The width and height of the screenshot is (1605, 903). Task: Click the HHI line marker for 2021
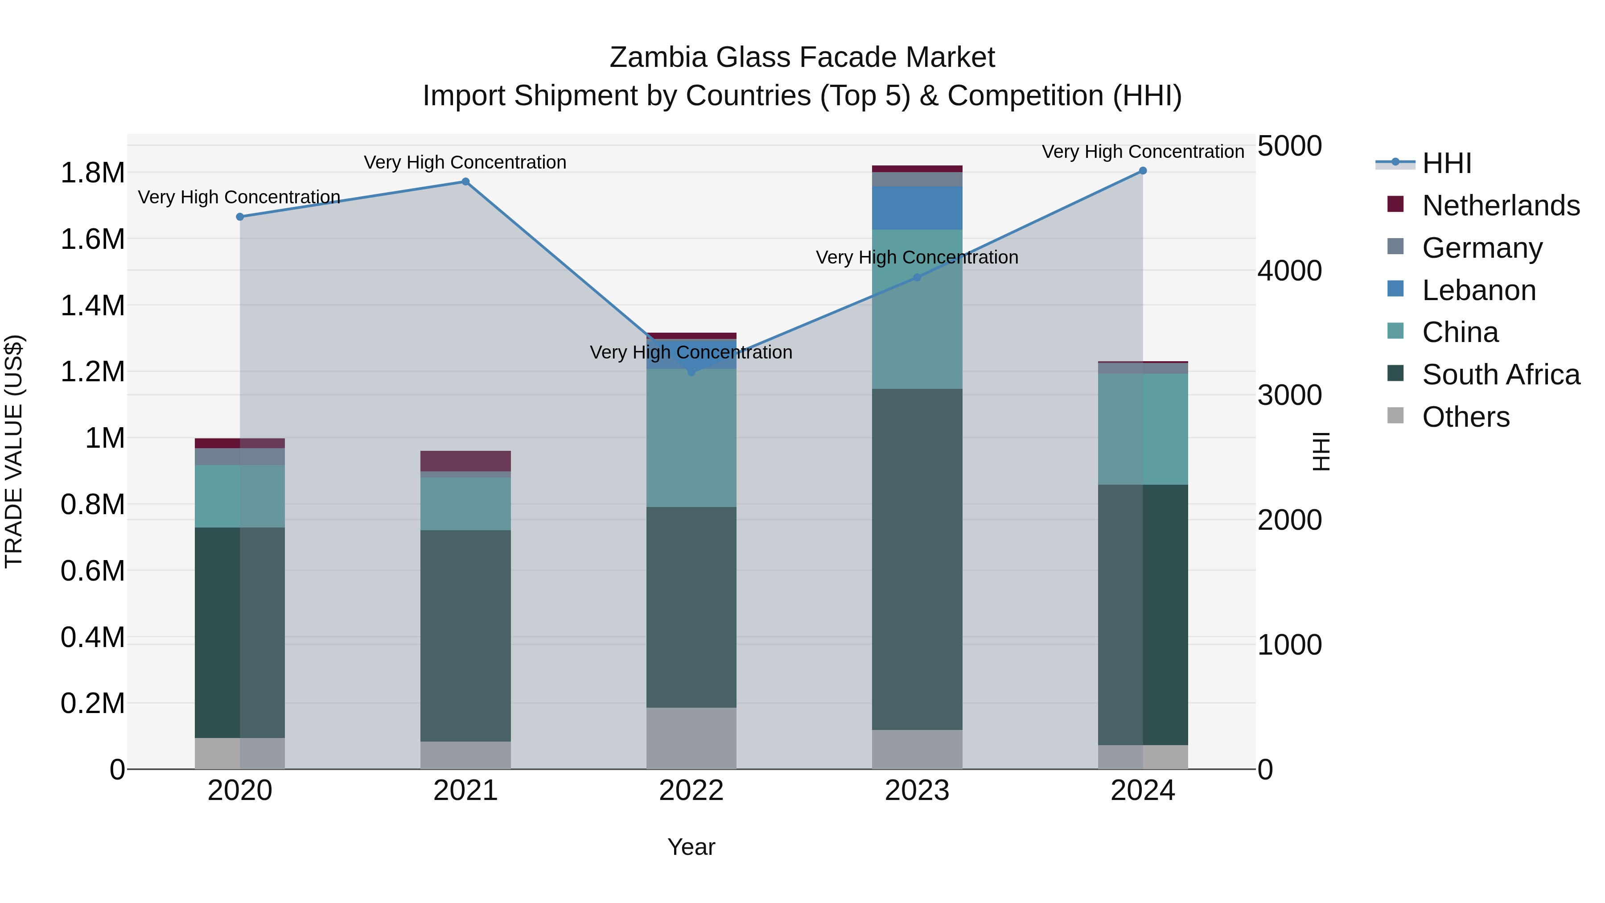465,182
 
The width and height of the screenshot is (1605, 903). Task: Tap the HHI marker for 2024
1143,171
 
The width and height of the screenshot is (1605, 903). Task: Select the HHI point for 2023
917,277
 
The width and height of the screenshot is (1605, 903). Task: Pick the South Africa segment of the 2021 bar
465,635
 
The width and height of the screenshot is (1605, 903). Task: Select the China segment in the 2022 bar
691,438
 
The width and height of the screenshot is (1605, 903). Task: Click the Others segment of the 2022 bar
691,738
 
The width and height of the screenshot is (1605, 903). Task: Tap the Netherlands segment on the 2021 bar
465,461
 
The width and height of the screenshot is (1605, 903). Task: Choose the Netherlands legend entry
1500,206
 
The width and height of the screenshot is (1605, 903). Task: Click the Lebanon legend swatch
1395,289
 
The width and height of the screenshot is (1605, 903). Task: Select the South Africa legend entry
1500,375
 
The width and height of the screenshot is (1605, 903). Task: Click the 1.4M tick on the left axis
92,306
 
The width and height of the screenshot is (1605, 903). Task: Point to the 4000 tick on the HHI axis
1289,271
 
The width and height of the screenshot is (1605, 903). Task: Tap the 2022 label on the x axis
691,791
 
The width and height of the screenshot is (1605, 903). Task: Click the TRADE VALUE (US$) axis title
14,451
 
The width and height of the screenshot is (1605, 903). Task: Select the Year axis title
691,847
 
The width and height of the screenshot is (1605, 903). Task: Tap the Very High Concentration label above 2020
239,197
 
